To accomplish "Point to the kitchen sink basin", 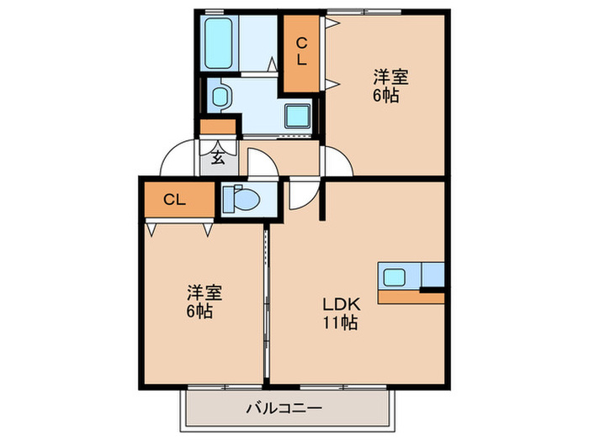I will click(x=394, y=275).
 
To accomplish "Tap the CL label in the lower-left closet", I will click(x=174, y=199).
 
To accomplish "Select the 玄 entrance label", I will click(x=217, y=156).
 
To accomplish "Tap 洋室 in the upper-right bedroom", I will click(x=390, y=78).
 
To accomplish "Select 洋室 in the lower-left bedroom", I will click(x=204, y=293).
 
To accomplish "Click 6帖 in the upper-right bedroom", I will click(x=387, y=95).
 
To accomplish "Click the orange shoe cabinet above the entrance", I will click(x=218, y=128).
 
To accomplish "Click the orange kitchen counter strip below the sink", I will click(x=411, y=297).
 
